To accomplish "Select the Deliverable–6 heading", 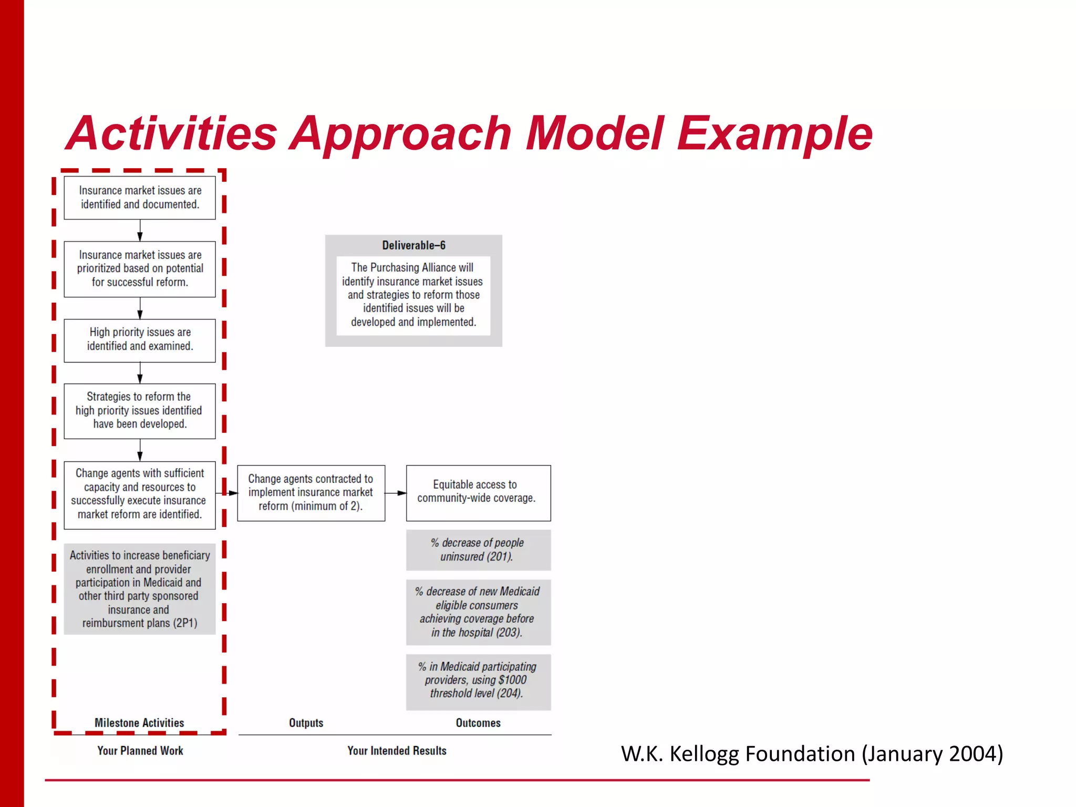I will (x=413, y=245).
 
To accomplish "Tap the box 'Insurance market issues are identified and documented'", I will (x=140, y=198).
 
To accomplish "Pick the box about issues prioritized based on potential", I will (x=140, y=269).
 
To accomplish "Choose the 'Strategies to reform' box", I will (x=140, y=411).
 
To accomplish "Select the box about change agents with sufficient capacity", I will (x=140, y=494).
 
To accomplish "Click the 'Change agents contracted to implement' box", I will (x=311, y=493).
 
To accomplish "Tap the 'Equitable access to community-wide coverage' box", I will (x=478, y=492).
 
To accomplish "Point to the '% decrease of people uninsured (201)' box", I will (x=478, y=550).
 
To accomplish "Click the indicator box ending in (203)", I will (x=478, y=612).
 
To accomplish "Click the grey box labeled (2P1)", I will (x=140, y=589).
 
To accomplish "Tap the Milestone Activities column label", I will (x=139, y=723).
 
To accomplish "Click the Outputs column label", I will (x=306, y=723).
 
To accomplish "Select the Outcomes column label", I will (x=478, y=723).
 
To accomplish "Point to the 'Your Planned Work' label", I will (x=140, y=751).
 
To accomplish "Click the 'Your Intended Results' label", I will (x=397, y=751).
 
